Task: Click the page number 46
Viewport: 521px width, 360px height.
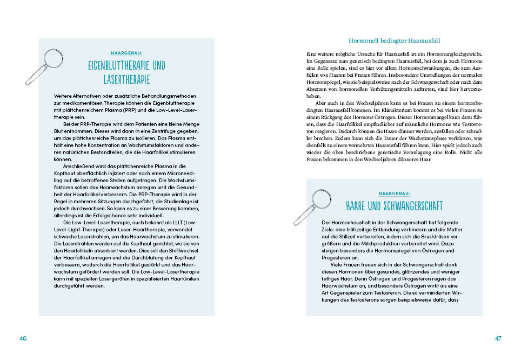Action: click(x=23, y=338)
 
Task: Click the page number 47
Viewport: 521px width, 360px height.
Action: click(x=498, y=338)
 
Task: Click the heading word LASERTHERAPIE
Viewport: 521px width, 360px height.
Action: click(x=126, y=79)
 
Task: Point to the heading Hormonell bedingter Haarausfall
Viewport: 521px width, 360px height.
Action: click(x=394, y=41)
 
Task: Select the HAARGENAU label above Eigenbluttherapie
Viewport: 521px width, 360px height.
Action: click(x=126, y=54)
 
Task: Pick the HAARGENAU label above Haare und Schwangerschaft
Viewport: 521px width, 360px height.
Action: click(x=395, y=193)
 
